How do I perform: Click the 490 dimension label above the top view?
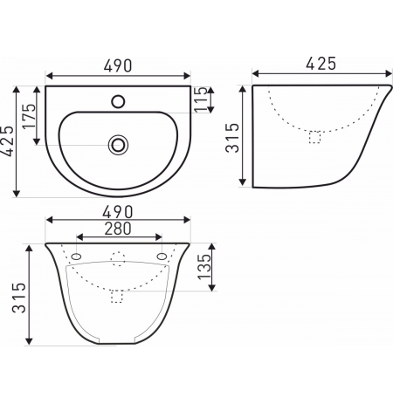point(118,65)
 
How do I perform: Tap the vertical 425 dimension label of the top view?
point(7,141)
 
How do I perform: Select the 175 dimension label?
point(30,116)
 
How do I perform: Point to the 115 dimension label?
point(201,99)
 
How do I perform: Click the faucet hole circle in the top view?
point(118,101)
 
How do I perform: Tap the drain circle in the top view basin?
point(118,145)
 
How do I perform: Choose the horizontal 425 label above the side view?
point(321,64)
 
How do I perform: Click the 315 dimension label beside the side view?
point(232,138)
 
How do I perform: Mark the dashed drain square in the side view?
point(314,137)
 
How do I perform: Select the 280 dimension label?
point(118,229)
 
